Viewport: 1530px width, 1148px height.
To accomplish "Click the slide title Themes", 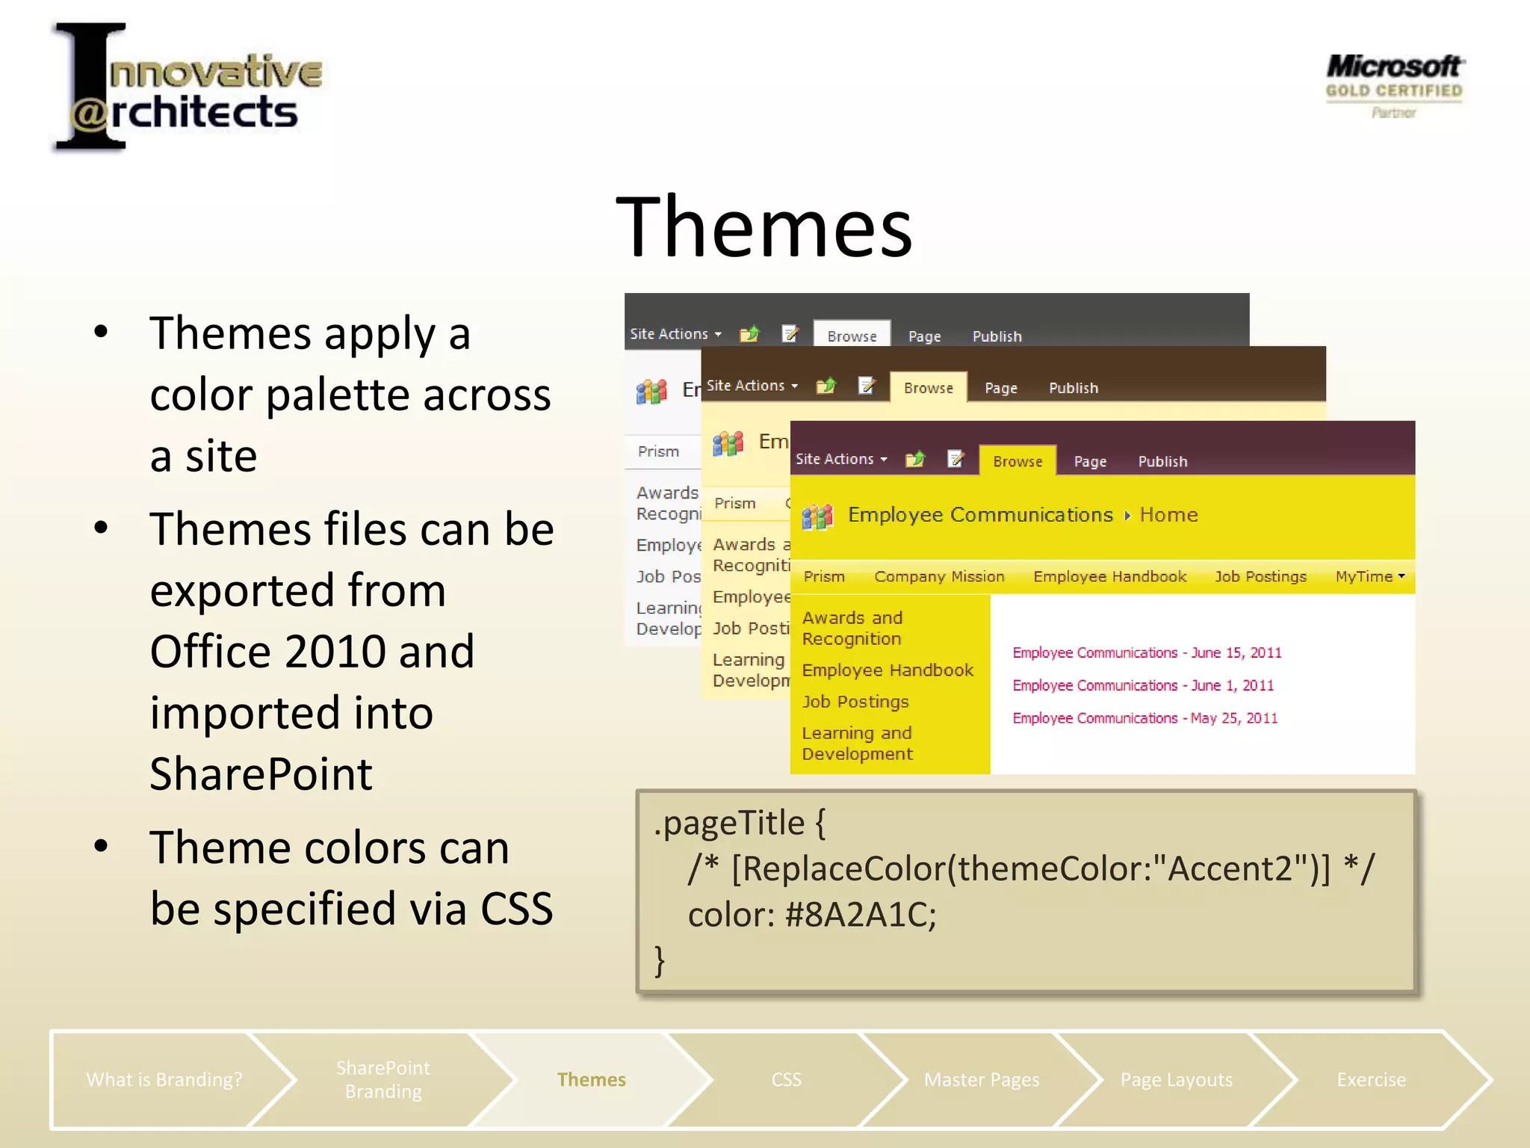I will [764, 227].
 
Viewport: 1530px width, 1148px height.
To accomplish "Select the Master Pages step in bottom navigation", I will [981, 1079].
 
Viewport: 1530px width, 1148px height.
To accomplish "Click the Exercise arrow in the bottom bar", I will [1371, 1079].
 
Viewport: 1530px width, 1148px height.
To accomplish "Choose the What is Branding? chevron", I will [164, 1079].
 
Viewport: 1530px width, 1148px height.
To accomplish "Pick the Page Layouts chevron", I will [1176, 1079].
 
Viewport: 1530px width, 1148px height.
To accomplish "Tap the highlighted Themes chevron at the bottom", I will [591, 1079].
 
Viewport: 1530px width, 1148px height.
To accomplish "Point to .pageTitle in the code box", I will [729, 823].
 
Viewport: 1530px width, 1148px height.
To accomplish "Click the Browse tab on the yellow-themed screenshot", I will [1018, 461].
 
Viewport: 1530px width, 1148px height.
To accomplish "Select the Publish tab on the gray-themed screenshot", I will [997, 336].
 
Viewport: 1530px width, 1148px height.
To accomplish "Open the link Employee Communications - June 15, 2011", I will [1147, 652].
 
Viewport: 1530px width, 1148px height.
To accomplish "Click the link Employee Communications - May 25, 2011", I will [1145, 718].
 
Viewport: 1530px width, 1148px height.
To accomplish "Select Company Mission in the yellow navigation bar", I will [939, 576].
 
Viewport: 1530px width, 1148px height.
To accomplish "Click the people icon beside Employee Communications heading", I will [817, 516].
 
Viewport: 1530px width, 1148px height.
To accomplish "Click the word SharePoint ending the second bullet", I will [261, 774].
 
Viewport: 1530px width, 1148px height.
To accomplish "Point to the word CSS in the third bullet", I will [515, 909].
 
